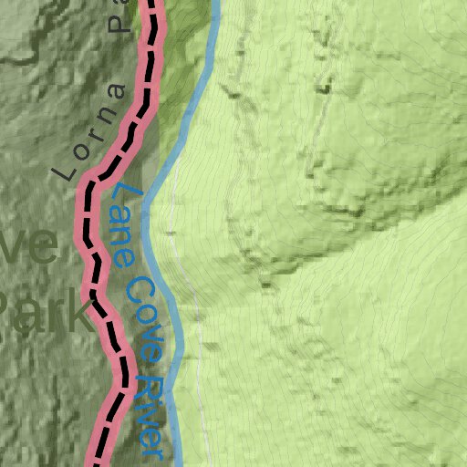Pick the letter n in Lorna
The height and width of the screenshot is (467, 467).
coord(103,114)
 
